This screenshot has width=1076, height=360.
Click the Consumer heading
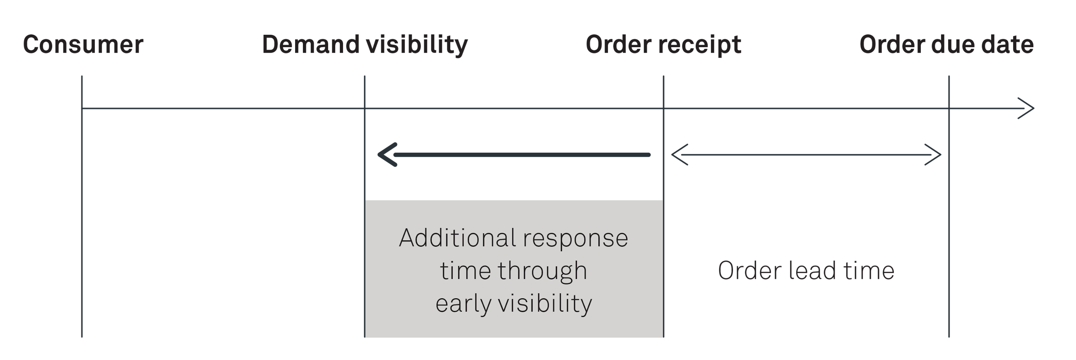tap(83, 45)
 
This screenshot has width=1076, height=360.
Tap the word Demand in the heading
tap(310, 45)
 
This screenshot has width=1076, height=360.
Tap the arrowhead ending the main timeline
tap(1028, 108)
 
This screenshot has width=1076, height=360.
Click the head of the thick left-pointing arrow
tap(387, 155)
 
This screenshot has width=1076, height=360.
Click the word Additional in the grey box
tap(457, 238)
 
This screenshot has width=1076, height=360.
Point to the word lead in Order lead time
tap(812, 271)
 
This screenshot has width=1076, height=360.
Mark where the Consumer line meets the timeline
tap(82, 108)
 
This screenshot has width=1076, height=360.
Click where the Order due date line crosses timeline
tap(949, 108)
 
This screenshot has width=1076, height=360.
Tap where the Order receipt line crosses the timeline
tap(663, 108)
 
